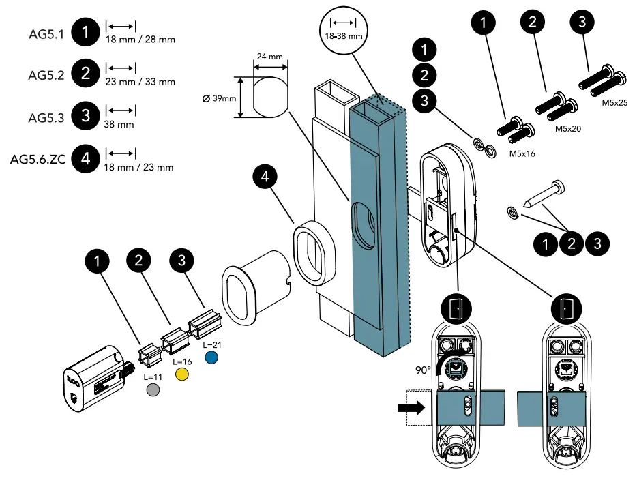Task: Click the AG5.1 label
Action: [x=46, y=34]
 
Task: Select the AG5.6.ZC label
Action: [x=38, y=159]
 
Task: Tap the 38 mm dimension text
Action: [x=119, y=124]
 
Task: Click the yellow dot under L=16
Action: [x=182, y=374]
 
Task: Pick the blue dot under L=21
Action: [x=211, y=357]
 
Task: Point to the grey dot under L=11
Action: [x=153, y=390]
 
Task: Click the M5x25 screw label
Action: [x=614, y=103]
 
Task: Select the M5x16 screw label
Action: [x=522, y=153]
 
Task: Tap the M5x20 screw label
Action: [x=568, y=128]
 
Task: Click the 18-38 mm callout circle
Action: [x=343, y=30]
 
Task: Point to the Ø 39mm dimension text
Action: [x=219, y=98]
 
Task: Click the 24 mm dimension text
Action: [x=270, y=57]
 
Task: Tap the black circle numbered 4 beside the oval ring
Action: [x=265, y=177]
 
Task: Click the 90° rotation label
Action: [x=423, y=370]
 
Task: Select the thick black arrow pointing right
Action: [x=411, y=407]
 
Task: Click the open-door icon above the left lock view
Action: [x=456, y=309]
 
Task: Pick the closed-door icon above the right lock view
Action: [x=566, y=309]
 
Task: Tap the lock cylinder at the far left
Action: [x=98, y=379]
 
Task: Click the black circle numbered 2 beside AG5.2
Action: [x=85, y=74]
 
